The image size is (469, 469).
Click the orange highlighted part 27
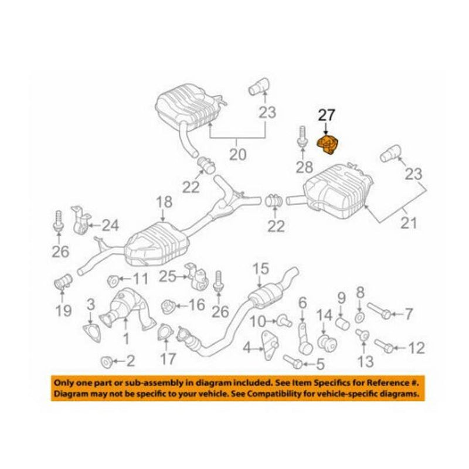coord(331,145)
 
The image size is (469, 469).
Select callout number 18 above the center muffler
coord(164,202)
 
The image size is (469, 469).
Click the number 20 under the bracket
coord(237,157)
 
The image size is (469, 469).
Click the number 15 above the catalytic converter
coord(260,269)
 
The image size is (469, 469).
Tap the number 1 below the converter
coord(125,338)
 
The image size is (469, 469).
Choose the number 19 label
coord(64,311)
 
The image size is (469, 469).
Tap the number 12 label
coord(416,349)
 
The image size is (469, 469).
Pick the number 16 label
coord(196,305)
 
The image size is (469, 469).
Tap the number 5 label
coord(320,365)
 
